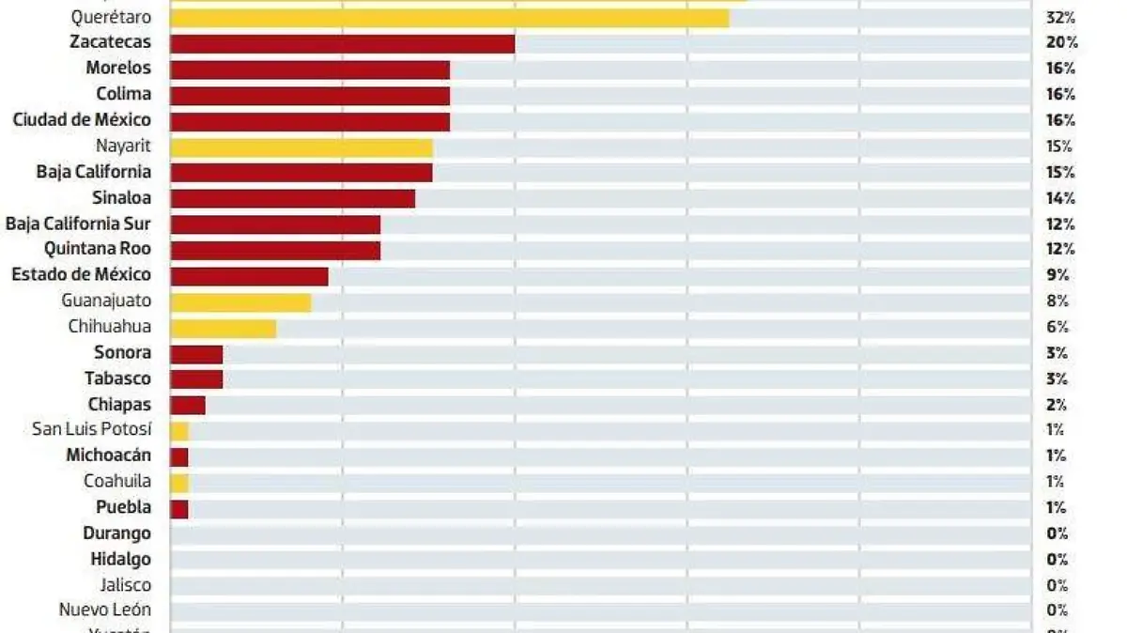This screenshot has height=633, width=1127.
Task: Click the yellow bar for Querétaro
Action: (x=449, y=18)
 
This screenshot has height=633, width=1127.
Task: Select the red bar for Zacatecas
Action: (x=342, y=43)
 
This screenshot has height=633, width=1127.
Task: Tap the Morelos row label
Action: (x=117, y=69)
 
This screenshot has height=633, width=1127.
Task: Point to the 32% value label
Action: (x=1060, y=18)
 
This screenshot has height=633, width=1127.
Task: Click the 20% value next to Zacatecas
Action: (x=1060, y=43)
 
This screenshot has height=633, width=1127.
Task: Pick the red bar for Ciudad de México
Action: (x=310, y=121)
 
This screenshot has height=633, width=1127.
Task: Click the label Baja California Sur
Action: (x=78, y=224)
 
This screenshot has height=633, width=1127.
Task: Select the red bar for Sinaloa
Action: (x=292, y=198)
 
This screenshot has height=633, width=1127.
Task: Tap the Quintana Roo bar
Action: (x=275, y=250)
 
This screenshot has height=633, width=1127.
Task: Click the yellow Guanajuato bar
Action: (x=240, y=302)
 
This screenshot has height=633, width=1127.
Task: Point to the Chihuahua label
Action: (x=109, y=328)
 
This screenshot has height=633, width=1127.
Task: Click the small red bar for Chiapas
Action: (x=188, y=405)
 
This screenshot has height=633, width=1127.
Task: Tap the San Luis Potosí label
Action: (x=91, y=430)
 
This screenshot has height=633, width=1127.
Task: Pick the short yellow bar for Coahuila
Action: (x=179, y=483)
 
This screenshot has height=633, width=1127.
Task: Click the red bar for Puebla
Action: (x=179, y=509)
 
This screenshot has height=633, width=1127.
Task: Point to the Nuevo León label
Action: (x=104, y=610)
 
